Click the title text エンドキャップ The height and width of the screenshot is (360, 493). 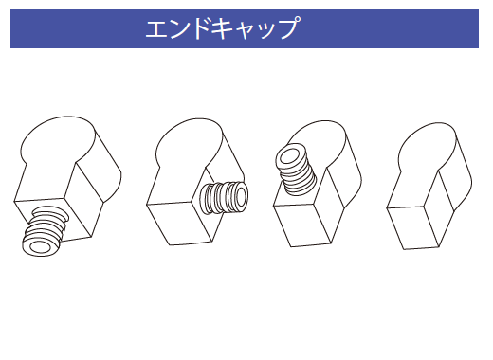click(x=222, y=28)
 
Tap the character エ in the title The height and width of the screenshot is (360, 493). click(x=157, y=28)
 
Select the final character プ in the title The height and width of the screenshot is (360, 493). click(x=286, y=28)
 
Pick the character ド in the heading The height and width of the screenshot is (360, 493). click(x=200, y=28)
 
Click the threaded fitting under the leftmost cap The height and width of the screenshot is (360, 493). click(x=46, y=232)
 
